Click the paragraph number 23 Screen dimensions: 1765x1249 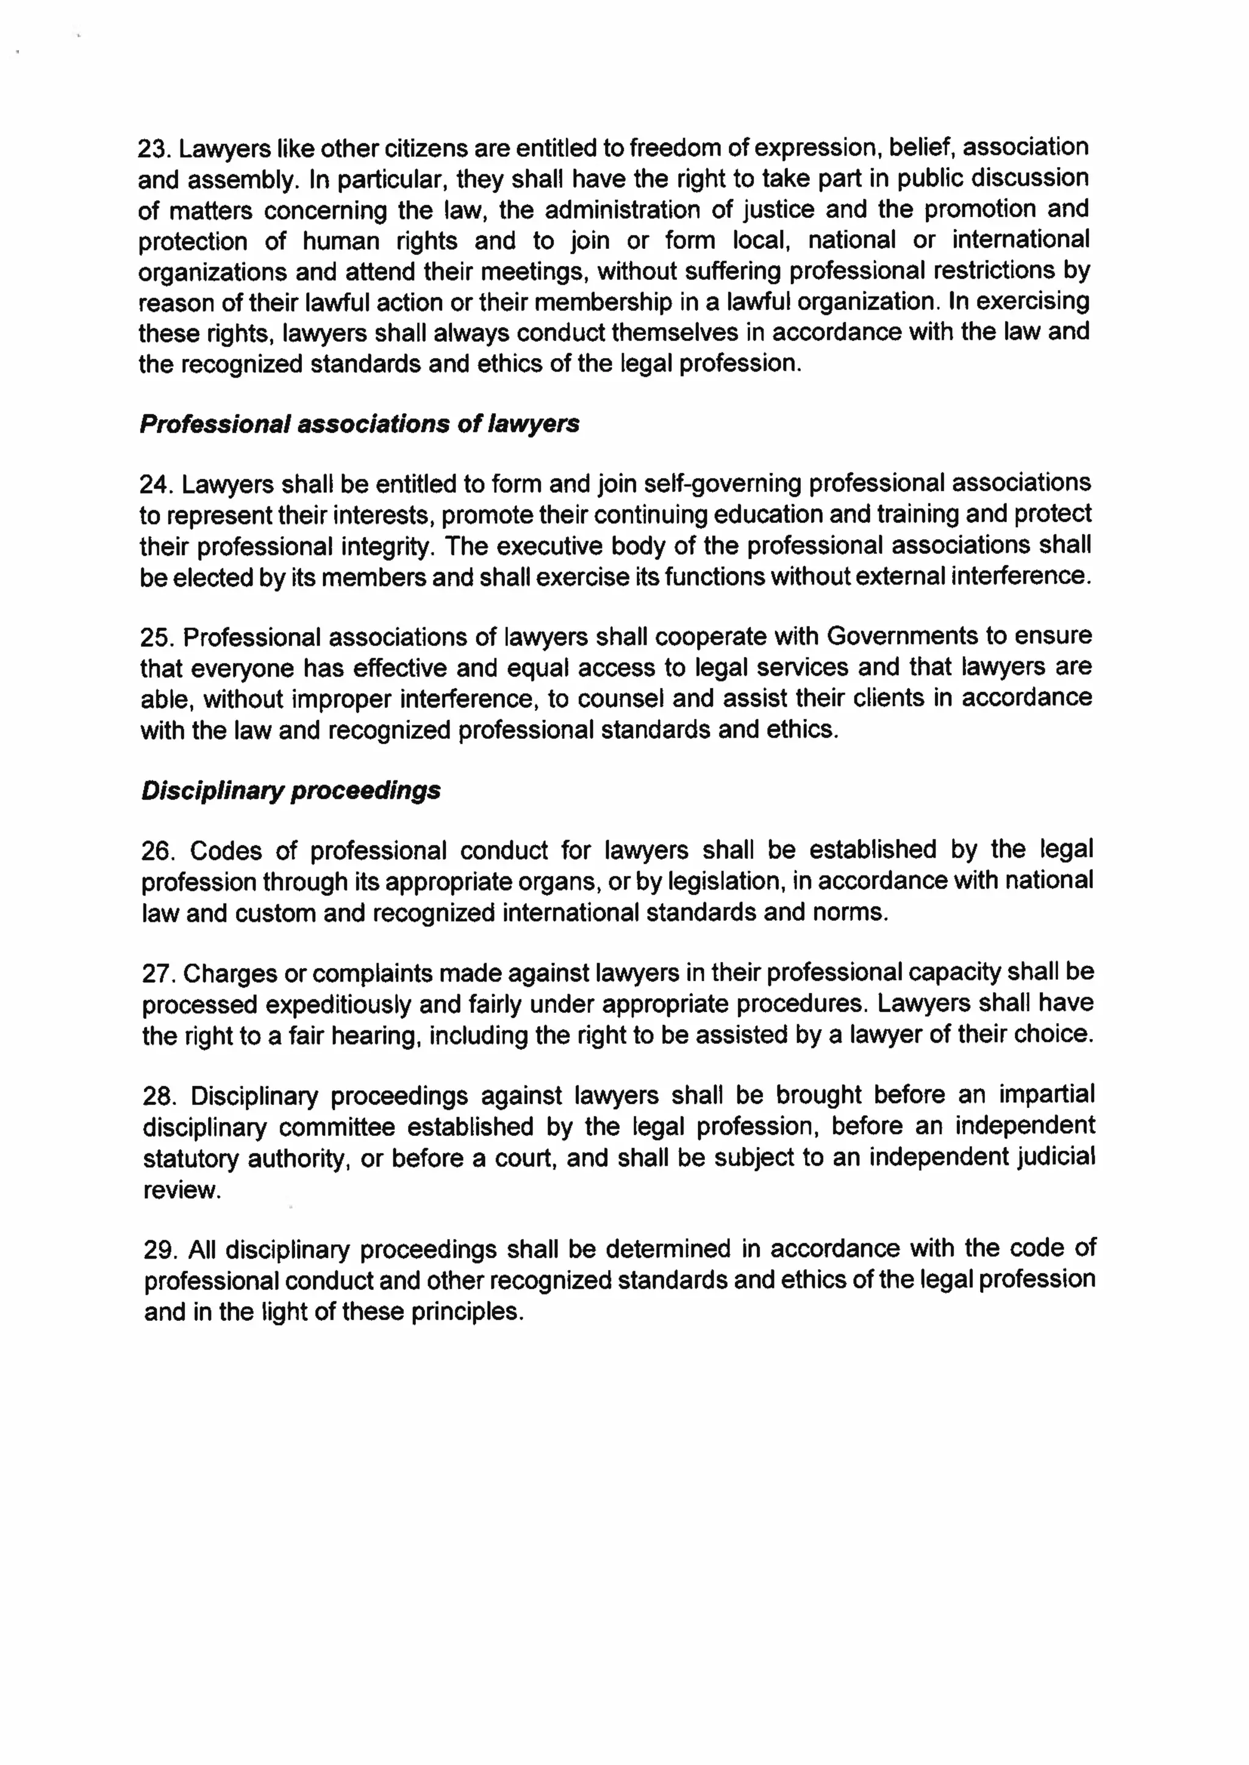(153, 148)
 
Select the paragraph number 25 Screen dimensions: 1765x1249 (156, 638)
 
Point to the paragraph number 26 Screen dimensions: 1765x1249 (157, 851)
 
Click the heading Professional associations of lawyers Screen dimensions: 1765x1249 (359, 424)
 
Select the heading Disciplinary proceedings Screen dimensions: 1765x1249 (291, 791)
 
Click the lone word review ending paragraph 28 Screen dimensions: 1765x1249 (182, 1190)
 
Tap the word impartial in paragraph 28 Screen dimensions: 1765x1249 (1046, 1095)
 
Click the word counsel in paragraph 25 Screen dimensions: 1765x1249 (621, 699)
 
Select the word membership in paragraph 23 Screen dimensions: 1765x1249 (602, 303)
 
